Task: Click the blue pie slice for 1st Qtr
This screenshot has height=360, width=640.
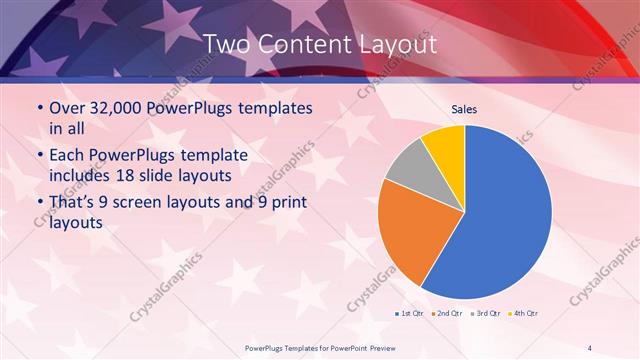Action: tap(505, 215)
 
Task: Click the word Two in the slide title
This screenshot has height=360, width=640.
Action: tap(227, 44)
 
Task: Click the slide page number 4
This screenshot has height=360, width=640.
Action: tap(589, 346)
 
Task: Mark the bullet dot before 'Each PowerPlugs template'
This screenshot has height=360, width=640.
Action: tap(39, 156)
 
